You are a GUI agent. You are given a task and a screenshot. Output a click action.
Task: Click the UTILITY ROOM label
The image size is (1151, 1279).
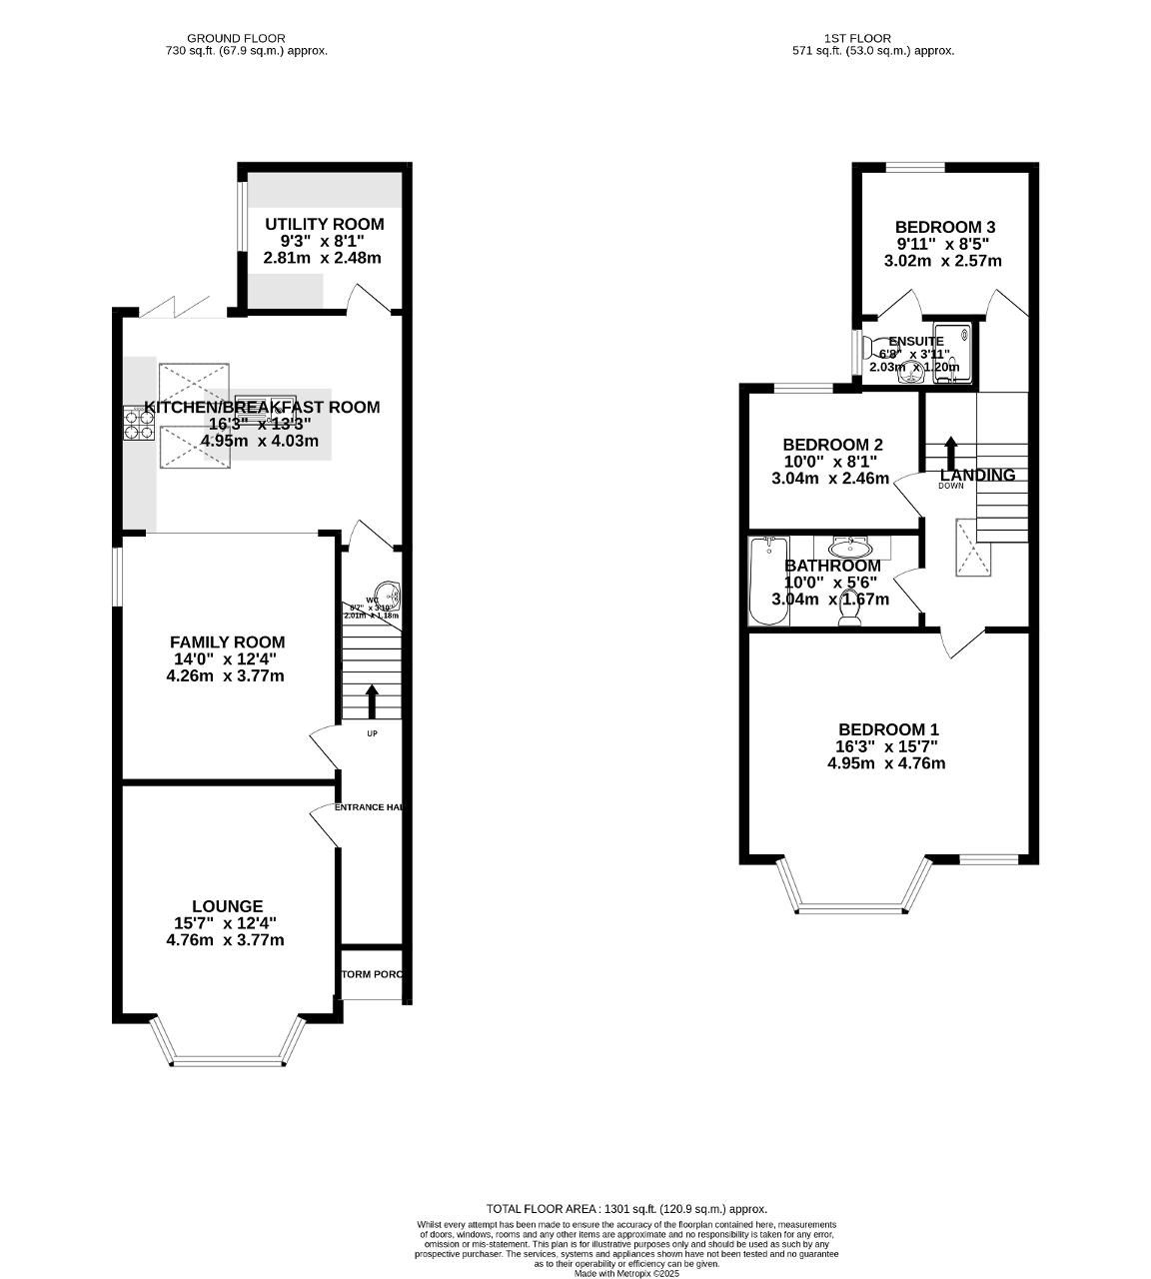[x=324, y=224]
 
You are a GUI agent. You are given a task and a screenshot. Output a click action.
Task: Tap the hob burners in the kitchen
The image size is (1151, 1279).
[x=138, y=425]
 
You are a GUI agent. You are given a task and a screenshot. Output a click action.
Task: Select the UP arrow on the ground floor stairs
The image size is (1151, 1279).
[x=372, y=700]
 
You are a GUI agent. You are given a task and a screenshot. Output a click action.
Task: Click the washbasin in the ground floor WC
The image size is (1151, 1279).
[x=388, y=596]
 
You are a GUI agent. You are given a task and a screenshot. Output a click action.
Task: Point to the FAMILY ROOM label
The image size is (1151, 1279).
[x=227, y=642]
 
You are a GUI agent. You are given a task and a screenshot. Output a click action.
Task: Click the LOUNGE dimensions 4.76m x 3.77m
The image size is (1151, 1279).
[x=225, y=940]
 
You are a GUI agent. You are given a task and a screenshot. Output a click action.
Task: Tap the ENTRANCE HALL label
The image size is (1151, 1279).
[x=369, y=806]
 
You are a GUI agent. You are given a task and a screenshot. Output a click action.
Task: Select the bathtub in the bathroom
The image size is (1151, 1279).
[x=768, y=582]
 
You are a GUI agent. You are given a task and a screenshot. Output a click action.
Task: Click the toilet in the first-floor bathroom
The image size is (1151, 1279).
[x=850, y=616]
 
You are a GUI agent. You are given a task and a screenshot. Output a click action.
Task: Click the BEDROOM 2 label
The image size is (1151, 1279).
[x=832, y=445]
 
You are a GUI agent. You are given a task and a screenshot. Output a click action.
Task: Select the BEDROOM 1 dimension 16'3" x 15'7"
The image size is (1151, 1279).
[x=886, y=746]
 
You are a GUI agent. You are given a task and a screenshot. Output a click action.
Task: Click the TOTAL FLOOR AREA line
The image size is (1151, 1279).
[x=626, y=1208]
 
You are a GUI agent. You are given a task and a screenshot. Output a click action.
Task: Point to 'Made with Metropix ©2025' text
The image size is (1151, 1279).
[x=626, y=1273]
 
